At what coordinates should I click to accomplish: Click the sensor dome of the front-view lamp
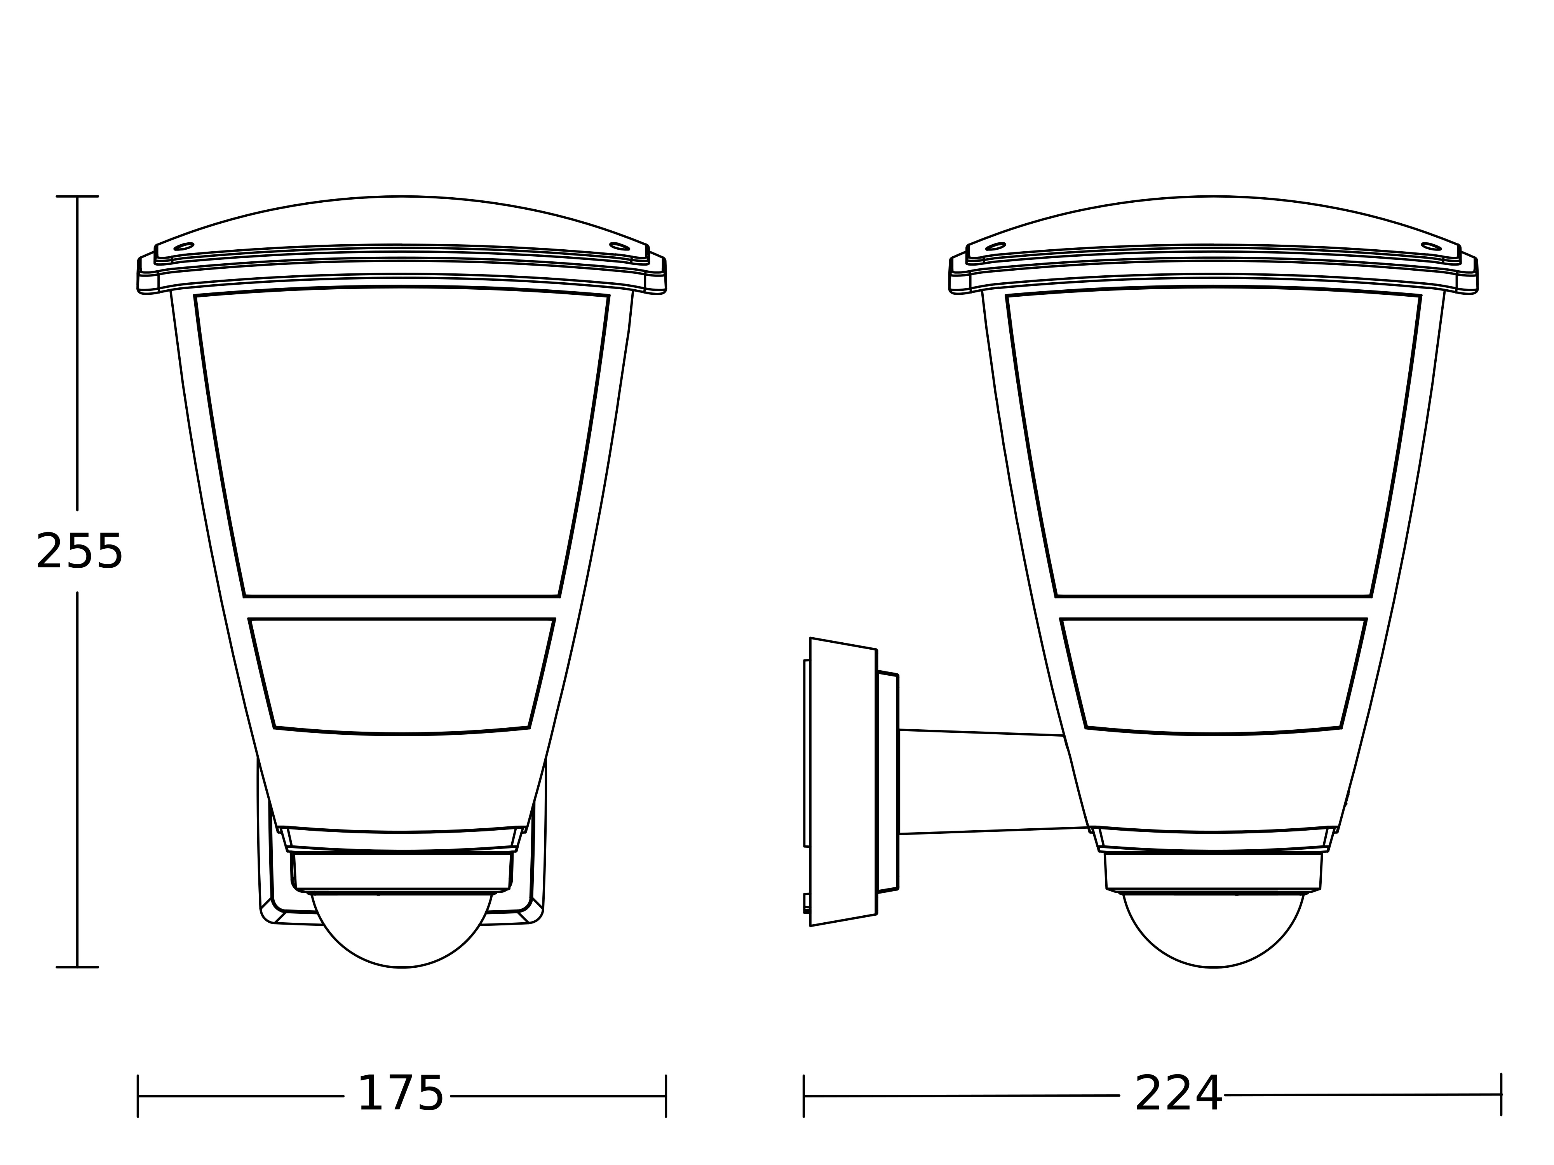click(402, 934)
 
